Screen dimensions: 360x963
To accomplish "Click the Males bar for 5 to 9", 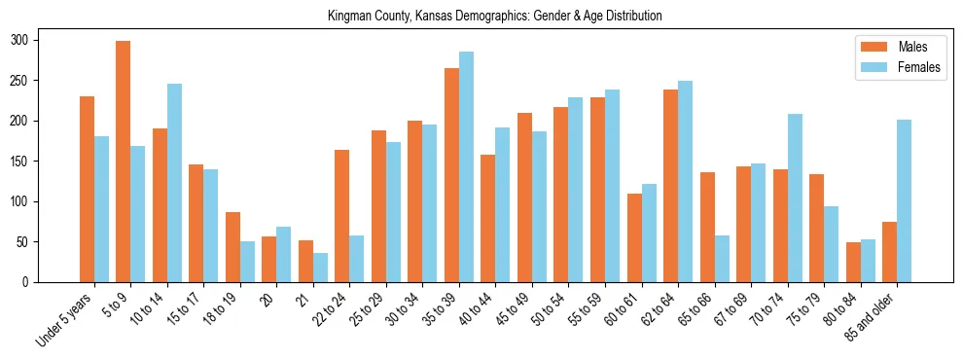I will point(124,162).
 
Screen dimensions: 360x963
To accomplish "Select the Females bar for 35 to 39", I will point(466,167).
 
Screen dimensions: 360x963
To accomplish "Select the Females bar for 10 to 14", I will point(174,183).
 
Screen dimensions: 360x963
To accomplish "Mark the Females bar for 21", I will point(320,268).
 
